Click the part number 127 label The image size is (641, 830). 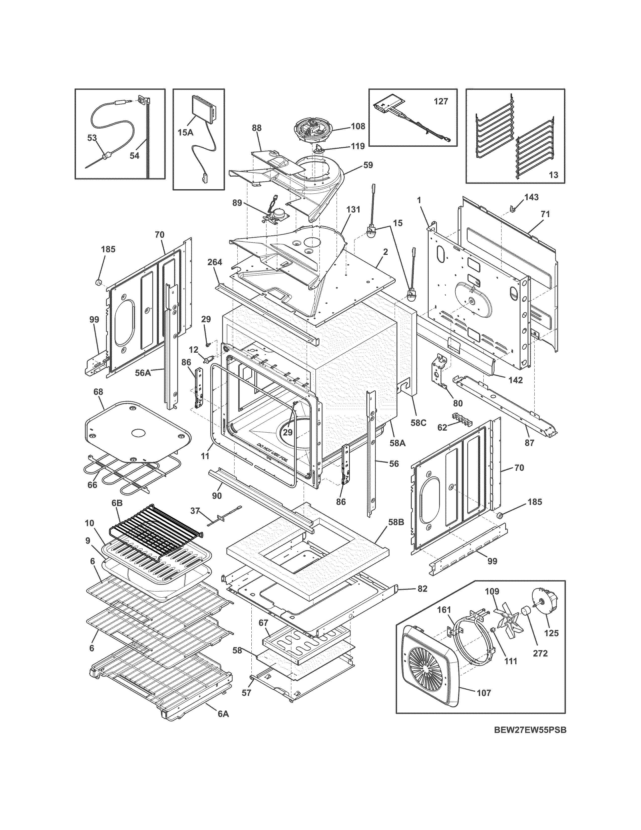tap(441, 101)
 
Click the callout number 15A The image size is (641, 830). tap(185, 132)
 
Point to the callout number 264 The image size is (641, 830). tap(215, 262)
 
